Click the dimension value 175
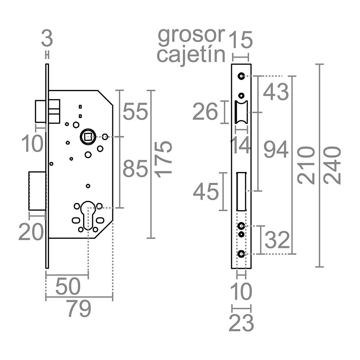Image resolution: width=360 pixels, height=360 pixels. click(x=163, y=160)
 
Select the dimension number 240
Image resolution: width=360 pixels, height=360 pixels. click(x=332, y=166)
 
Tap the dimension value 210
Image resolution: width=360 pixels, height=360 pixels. click(x=306, y=166)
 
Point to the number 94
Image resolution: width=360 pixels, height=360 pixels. click(x=276, y=149)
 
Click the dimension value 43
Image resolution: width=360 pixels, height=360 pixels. click(x=276, y=92)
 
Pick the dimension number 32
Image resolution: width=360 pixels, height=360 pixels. click(x=277, y=240)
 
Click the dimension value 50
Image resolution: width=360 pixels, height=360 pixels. click(x=68, y=286)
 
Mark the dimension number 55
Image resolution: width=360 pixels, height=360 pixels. click(x=135, y=112)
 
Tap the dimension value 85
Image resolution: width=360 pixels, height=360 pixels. click(x=135, y=169)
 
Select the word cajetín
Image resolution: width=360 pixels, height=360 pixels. click(x=191, y=55)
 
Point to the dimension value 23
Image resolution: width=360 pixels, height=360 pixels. click(x=241, y=323)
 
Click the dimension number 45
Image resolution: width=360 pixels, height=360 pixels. click(x=206, y=192)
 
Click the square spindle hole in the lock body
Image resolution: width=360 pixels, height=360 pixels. click(x=88, y=137)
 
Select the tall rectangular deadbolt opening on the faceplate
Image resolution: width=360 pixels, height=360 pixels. click(x=241, y=191)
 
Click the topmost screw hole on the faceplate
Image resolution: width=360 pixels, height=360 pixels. click(x=241, y=76)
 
